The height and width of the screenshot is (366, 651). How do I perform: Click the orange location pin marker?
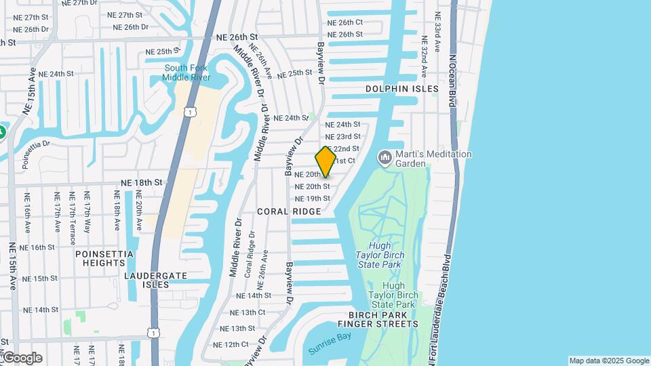click(x=325, y=161)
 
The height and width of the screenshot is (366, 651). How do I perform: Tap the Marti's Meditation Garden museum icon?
click(x=385, y=158)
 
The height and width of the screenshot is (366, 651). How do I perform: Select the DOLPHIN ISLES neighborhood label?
click(x=398, y=89)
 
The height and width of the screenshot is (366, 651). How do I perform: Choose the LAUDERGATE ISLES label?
click(x=146, y=280)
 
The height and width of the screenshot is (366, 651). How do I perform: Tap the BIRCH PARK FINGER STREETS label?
click(x=383, y=320)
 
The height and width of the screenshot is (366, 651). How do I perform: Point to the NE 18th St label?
click(x=142, y=182)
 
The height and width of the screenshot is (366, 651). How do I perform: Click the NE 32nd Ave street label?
click(x=424, y=58)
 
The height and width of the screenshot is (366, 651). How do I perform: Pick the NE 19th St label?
click(x=312, y=199)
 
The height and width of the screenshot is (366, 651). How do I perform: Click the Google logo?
click(x=22, y=358)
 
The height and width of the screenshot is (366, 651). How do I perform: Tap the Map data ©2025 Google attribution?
click(x=608, y=361)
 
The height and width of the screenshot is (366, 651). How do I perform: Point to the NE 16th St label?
click(x=38, y=247)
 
